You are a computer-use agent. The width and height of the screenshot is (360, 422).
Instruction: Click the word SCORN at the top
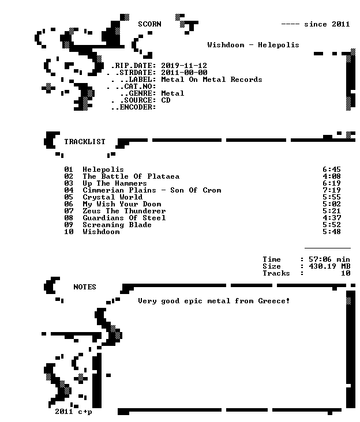click(x=149, y=24)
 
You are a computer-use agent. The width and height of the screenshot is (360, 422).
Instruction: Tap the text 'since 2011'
click(x=327, y=24)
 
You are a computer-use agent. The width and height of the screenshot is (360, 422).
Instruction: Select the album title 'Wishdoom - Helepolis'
click(x=253, y=45)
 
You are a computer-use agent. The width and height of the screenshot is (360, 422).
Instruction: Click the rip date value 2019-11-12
click(x=184, y=66)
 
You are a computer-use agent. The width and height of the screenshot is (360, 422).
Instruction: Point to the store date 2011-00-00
click(x=184, y=73)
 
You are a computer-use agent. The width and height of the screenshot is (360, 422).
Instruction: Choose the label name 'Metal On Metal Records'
click(x=212, y=80)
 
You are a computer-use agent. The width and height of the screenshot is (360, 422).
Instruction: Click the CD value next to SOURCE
click(x=166, y=100)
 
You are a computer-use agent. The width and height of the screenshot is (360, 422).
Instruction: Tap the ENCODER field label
click(x=133, y=107)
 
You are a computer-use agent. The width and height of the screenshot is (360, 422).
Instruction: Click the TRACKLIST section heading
click(x=85, y=142)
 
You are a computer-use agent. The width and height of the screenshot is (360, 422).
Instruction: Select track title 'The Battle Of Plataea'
click(x=131, y=176)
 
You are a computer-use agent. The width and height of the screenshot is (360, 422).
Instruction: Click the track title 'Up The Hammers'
click(x=115, y=183)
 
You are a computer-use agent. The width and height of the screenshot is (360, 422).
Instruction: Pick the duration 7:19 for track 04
click(x=332, y=190)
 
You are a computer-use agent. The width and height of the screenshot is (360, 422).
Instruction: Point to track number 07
click(x=69, y=211)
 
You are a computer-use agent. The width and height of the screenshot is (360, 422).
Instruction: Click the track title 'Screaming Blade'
click(x=117, y=225)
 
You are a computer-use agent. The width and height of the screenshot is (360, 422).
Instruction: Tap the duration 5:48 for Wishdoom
click(x=332, y=232)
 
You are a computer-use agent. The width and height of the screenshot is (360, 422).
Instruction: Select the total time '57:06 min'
click(x=329, y=259)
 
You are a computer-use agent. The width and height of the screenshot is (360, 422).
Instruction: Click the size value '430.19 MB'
click(x=329, y=266)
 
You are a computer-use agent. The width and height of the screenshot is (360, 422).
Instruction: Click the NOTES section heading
click(x=85, y=287)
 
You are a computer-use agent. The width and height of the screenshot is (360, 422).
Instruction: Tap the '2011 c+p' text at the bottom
click(x=73, y=412)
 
